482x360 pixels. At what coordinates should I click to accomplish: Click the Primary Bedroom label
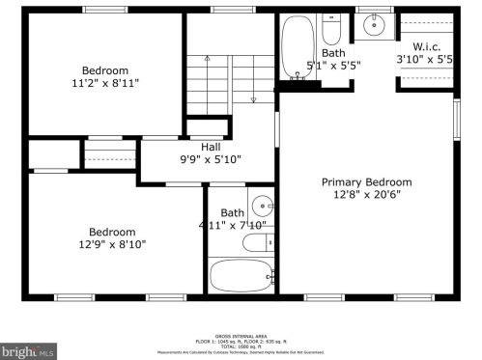click(366, 181)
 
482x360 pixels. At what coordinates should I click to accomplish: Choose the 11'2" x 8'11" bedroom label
click(104, 83)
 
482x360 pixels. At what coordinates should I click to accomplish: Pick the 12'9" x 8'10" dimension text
click(112, 244)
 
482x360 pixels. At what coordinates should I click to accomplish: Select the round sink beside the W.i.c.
click(374, 25)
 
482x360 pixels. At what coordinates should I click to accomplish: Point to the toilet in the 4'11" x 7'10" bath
click(258, 241)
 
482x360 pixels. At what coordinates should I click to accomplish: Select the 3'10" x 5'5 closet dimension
click(425, 59)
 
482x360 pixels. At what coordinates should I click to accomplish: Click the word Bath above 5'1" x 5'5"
click(333, 53)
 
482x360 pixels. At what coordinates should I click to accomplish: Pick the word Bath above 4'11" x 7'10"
click(232, 213)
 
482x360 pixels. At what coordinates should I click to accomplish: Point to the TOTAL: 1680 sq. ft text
click(241, 346)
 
